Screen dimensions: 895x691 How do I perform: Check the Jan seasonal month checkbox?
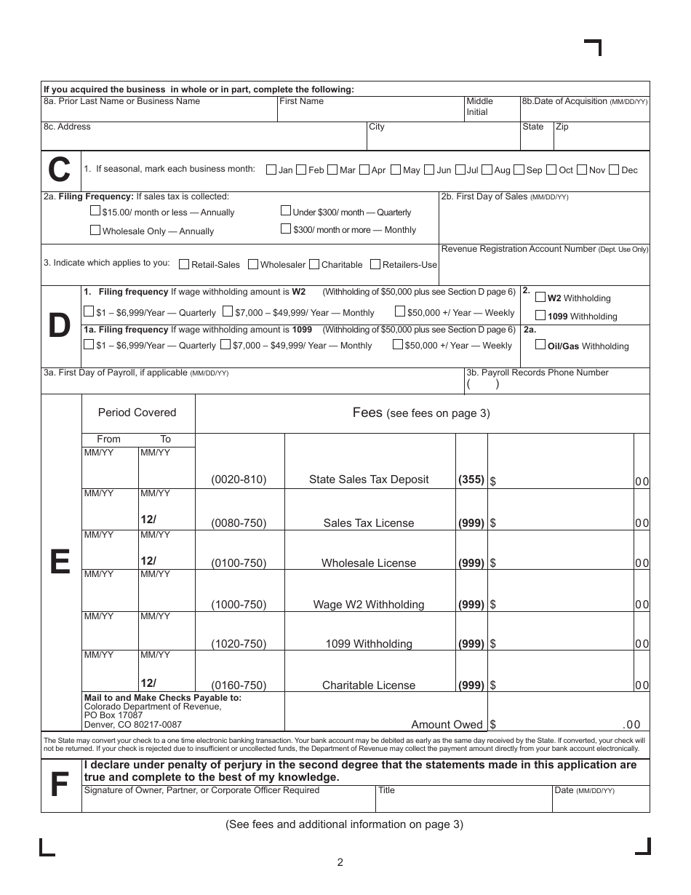[271, 170]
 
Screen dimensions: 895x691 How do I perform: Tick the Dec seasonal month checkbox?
[615, 170]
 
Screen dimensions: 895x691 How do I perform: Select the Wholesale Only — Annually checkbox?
[95, 230]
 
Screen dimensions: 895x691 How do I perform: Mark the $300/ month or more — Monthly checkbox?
[286, 228]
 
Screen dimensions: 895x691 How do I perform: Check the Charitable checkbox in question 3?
[314, 264]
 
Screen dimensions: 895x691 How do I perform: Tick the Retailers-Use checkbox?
[375, 264]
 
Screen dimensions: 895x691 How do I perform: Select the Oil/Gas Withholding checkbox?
[540, 345]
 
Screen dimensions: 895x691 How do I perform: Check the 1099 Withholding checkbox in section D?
[540, 315]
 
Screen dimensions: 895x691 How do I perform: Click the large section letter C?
[60, 170]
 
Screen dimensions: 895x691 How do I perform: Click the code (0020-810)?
[239, 480]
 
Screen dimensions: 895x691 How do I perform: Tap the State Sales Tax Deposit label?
[369, 480]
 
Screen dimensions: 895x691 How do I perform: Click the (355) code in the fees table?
[471, 480]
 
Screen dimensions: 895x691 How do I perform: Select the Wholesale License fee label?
[369, 563]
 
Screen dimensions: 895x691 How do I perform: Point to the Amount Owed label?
[447, 724]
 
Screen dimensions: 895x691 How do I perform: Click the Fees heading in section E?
[367, 413]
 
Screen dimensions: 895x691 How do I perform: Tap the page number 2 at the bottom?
[340, 863]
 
